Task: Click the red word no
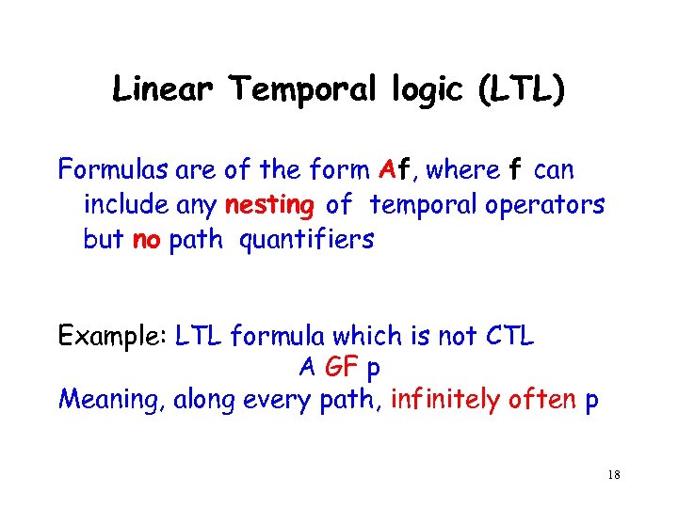click(146, 240)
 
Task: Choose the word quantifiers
click(307, 240)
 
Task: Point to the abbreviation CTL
click(508, 336)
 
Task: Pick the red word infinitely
click(444, 401)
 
